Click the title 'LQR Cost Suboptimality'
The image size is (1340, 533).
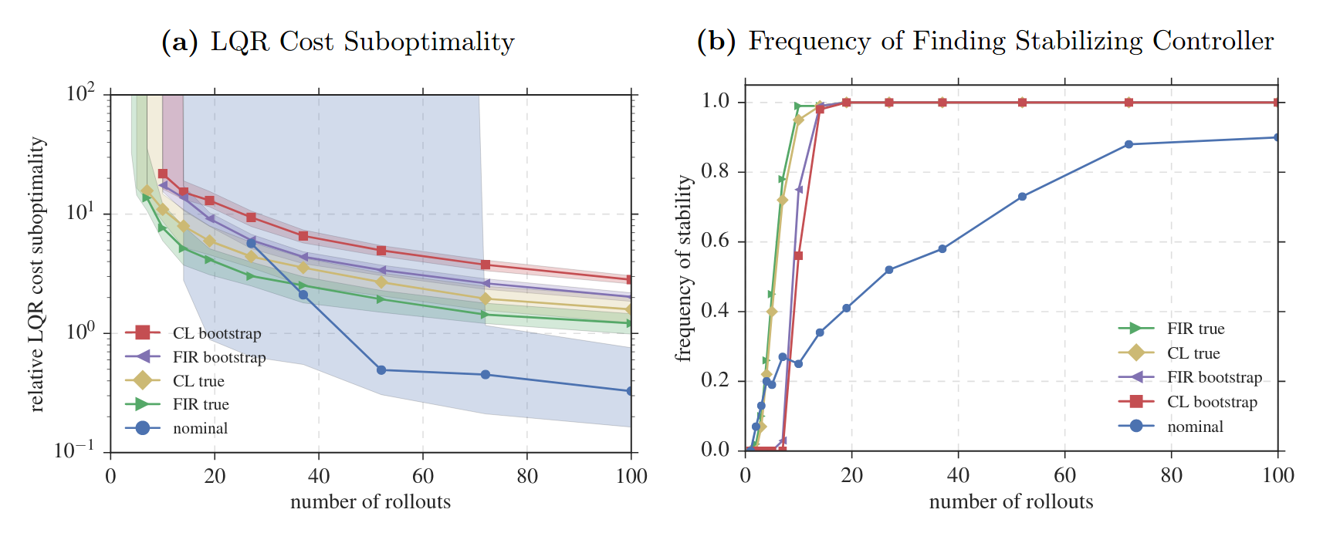tap(363, 42)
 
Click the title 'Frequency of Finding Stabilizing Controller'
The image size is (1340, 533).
tap(1011, 42)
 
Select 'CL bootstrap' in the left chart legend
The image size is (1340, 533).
tap(217, 333)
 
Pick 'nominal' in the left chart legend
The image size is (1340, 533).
tap(200, 428)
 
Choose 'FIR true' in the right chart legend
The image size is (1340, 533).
tap(1196, 329)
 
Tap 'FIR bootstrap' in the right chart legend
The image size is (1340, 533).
tap(1214, 377)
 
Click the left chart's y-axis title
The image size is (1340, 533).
tap(36, 274)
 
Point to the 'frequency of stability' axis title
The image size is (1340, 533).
tap(684, 268)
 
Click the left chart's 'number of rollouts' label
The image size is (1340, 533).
tap(371, 502)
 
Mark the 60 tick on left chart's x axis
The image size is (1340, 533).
tap(423, 476)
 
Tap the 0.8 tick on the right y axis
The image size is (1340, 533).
tap(715, 171)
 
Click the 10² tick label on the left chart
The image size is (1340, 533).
tap(80, 93)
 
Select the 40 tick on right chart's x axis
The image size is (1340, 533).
tap(958, 475)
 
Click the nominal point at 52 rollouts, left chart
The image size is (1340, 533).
tap(381, 370)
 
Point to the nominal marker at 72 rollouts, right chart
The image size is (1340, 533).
tap(1129, 144)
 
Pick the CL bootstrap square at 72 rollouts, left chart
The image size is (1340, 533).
tap(486, 265)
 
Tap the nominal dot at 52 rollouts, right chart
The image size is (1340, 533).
tap(1022, 197)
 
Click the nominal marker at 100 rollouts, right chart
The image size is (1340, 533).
tap(1277, 137)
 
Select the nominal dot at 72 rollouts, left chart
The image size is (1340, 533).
tap(486, 375)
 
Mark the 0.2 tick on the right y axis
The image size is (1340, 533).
tap(715, 380)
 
